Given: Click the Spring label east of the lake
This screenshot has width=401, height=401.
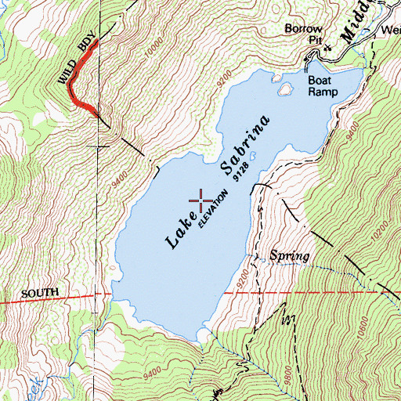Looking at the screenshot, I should (x=289, y=256).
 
